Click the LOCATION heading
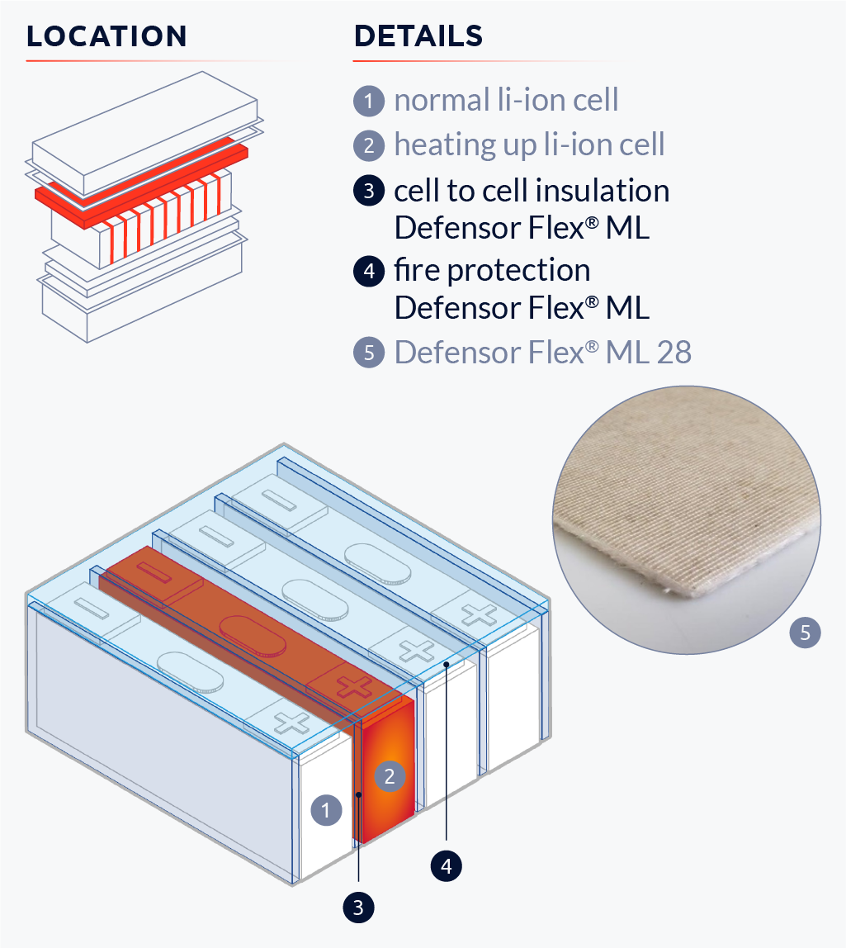pos(106,37)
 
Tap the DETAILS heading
pos(418,37)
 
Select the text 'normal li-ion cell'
pos(506,101)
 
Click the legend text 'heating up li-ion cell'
pos(529,145)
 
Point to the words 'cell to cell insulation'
pos(532,191)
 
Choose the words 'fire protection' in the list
pos(492,270)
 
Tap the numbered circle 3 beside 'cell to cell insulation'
pos(368,192)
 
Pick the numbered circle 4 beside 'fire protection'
pos(368,271)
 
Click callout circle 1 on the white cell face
pos(326,810)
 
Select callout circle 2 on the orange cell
pos(390,775)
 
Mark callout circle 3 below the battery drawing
pos(358,908)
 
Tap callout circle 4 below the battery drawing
pos(447,865)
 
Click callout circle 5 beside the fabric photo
pos(806,633)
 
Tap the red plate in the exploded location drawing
pos(140,178)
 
